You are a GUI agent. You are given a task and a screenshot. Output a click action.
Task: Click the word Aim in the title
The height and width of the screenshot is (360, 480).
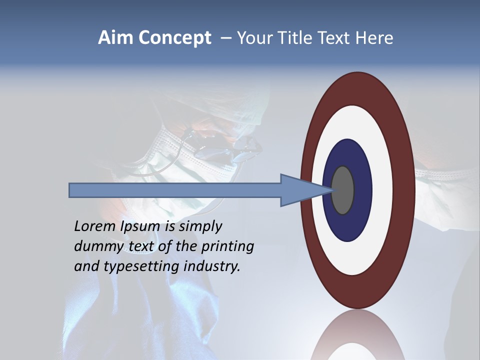(115, 38)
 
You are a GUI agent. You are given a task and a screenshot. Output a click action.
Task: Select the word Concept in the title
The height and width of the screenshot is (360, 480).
(174, 38)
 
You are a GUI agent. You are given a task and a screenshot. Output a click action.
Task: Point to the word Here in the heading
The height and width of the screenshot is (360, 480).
(374, 38)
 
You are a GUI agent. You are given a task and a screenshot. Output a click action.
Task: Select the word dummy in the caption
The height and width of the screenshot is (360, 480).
(95, 246)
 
